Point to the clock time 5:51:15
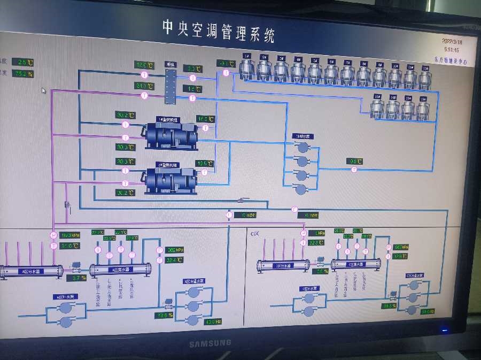(x=452, y=49)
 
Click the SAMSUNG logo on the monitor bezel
(x=210, y=343)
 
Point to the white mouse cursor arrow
(x=43, y=90)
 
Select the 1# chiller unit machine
(x=172, y=134)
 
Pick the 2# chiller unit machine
(x=172, y=179)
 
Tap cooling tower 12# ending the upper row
(x=425, y=78)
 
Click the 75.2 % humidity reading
(x=24, y=74)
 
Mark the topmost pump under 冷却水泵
(x=303, y=147)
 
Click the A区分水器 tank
(x=30, y=271)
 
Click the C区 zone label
(x=255, y=234)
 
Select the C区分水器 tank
(x=283, y=265)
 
